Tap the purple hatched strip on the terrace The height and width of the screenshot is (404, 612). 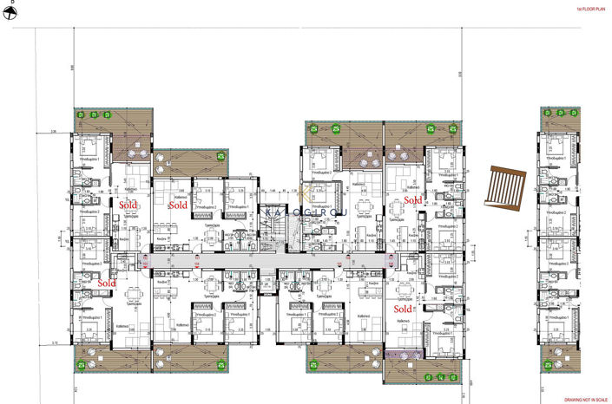(x=401, y=355)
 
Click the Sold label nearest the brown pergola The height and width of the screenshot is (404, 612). (x=413, y=200)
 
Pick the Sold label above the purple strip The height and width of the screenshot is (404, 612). (x=403, y=308)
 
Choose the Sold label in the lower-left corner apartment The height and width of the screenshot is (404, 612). (x=108, y=283)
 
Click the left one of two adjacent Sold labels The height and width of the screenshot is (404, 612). (x=128, y=205)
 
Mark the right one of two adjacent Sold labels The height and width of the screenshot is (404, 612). (x=178, y=205)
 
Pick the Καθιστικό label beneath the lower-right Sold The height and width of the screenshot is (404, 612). (x=403, y=321)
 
